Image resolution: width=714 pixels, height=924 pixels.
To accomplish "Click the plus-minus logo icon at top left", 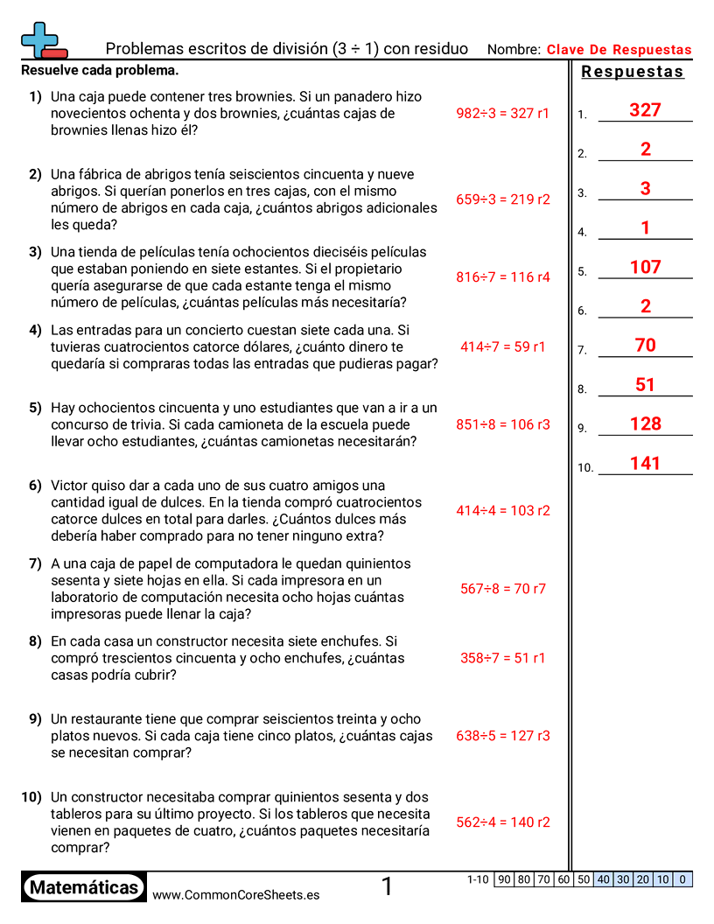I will (43, 40).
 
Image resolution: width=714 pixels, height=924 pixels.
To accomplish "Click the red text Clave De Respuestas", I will (619, 50).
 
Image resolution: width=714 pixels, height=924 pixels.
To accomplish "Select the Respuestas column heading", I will (633, 72).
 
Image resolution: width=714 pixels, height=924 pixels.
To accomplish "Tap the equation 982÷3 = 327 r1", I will (503, 113).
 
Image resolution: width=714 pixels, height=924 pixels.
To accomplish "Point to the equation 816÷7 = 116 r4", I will (503, 277).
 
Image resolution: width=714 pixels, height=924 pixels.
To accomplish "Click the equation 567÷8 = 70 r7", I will (503, 589).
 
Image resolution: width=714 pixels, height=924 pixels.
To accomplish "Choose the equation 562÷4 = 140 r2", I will (503, 822).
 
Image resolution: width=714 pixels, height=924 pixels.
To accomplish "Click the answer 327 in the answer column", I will (645, 110).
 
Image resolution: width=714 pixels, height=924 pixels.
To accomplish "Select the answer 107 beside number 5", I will (645, 267).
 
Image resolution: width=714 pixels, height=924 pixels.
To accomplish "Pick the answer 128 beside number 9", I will (645, 423).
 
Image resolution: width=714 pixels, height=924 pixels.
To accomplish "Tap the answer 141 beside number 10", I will (645, 463).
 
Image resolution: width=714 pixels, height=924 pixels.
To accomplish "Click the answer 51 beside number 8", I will (645, 385).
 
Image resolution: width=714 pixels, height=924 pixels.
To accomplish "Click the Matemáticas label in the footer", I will (84, 888).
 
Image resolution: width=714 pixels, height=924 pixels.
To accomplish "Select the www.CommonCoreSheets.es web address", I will (235, 895).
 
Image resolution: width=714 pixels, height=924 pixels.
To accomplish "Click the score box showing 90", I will (504, 879).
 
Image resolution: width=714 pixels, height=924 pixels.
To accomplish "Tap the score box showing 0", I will (683, 879).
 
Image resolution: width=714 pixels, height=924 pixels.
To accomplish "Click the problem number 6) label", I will (35, 486).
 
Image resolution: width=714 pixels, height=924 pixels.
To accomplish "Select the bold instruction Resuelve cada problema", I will (100, 70).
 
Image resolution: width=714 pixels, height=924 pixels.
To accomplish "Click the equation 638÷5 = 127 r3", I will (503, 736).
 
